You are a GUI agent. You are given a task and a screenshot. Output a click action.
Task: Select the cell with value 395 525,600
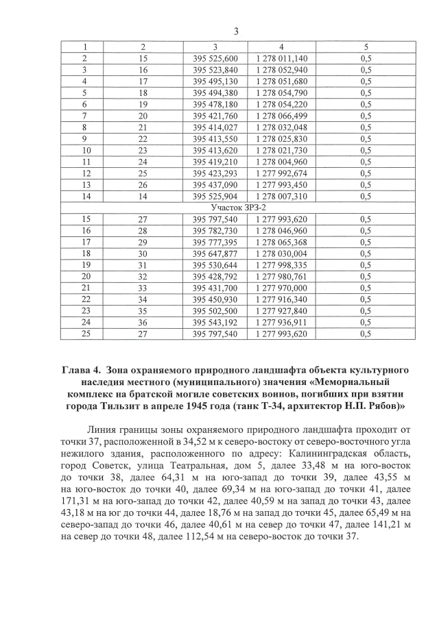(x=215, y=58)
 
